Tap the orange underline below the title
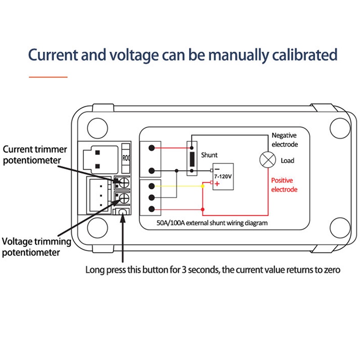coord(48,77)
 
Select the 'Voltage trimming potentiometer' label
coord(36,247)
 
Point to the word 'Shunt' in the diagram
coord(209,155)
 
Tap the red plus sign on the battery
coord(217,184)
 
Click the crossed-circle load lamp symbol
coord(268,159)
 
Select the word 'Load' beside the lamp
coord(288,160)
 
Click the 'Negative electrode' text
coord(284,139)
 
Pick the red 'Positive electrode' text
coord(284,184)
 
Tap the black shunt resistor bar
coord(192,159)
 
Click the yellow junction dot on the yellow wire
coord(203,186)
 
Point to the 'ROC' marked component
coord(127,158)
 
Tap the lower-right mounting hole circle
coord(340,229)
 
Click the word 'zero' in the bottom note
coord(330,270)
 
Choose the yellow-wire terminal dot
coord(153,185)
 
